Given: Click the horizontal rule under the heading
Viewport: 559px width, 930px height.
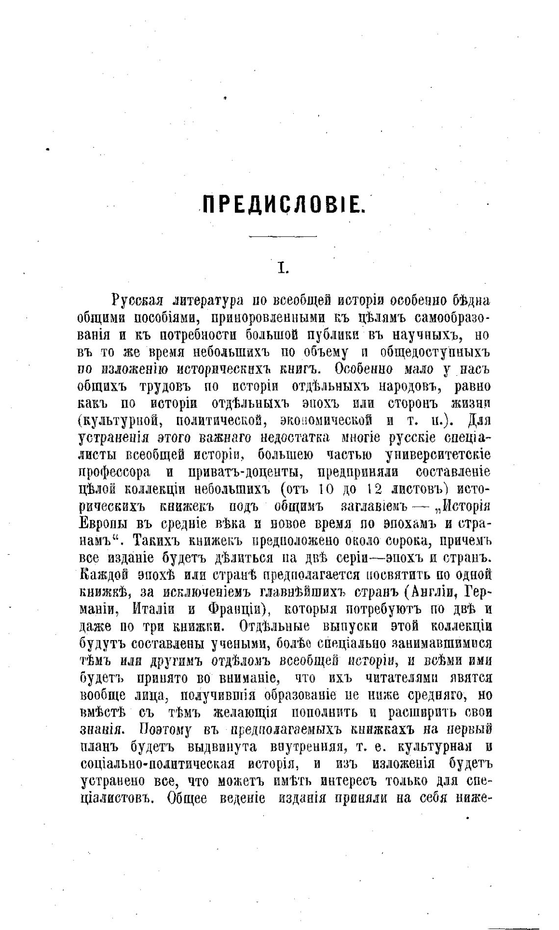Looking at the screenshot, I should point(283,237).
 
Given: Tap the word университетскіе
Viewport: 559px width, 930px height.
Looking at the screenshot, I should point(438,455).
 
